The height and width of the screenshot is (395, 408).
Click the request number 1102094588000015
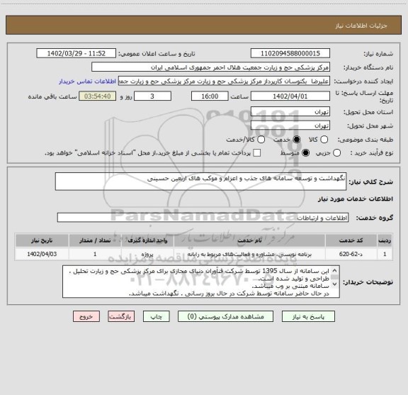pyautogui.click(x=290, y=53)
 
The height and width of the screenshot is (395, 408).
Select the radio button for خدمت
pyautogui.click(x=296, y=139)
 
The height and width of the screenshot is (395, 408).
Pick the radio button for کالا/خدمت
pyautogui.click(x=258, y=139)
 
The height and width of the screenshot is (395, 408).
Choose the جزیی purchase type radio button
pyautogui.click(x=336, y=153)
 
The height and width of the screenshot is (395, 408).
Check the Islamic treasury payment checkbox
pyautogui.click(x=256, y=153)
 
